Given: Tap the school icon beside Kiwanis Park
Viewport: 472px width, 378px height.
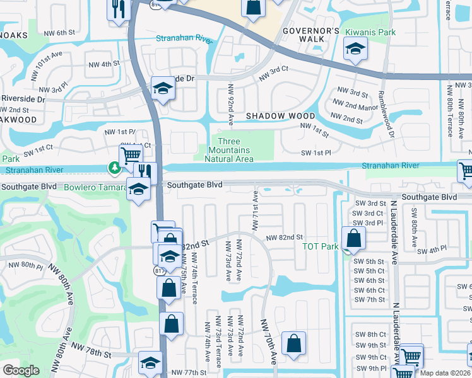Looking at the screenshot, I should point(355,49).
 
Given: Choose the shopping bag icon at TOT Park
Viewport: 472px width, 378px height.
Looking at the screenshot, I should point(355,238).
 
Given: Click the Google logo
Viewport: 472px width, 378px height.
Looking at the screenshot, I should point(21,370).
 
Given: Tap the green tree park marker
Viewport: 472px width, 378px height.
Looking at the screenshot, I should point(114,168).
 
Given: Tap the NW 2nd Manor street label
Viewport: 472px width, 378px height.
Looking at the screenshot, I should point(355,105).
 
